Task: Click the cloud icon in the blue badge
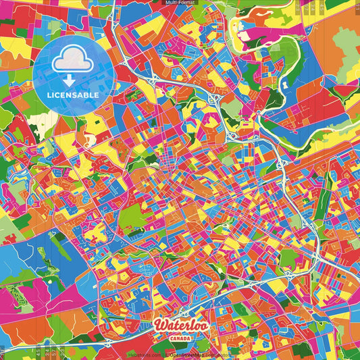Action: coord(71,63)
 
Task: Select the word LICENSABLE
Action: coord(73,95)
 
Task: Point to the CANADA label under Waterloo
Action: coord(180,338)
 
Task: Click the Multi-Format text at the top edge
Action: coord(180,3)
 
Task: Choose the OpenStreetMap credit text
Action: coord(196,354)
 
